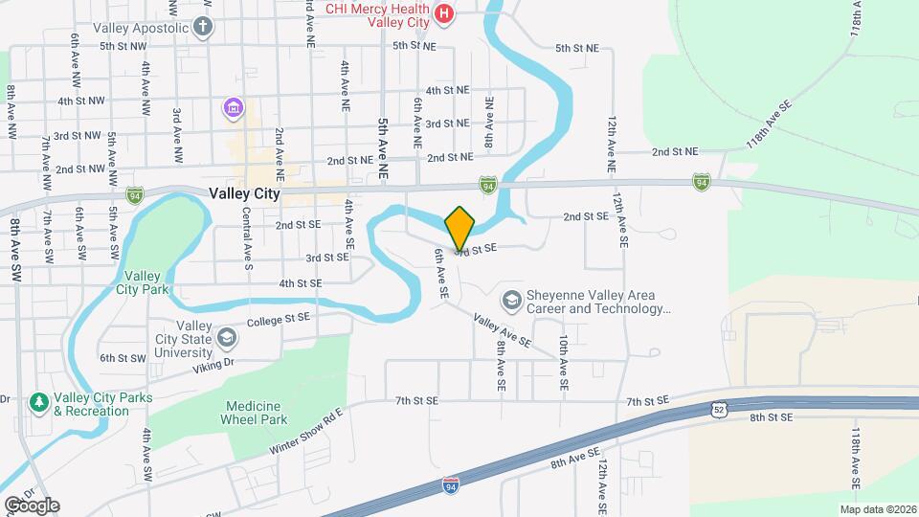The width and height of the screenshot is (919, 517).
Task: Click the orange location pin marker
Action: [x=459, y=227]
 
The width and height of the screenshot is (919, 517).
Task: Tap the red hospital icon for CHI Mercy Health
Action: [x=443, y=13]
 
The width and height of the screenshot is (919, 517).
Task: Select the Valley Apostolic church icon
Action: [x=202, y=27]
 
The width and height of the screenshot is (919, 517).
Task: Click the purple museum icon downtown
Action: [x=233, y=108]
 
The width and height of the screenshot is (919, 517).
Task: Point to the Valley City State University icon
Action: [x=227, y=337]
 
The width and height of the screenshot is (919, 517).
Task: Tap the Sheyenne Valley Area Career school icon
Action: [x=512, y=302]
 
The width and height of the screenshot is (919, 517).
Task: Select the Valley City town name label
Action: [x=244, y=193]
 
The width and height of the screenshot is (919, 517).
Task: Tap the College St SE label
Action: [x=279, y=318]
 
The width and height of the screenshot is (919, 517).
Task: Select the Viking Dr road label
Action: [x=213, y=365]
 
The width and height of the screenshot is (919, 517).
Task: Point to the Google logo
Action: [x=32, y=505]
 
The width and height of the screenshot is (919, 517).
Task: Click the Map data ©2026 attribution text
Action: [x=877, y=509]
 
